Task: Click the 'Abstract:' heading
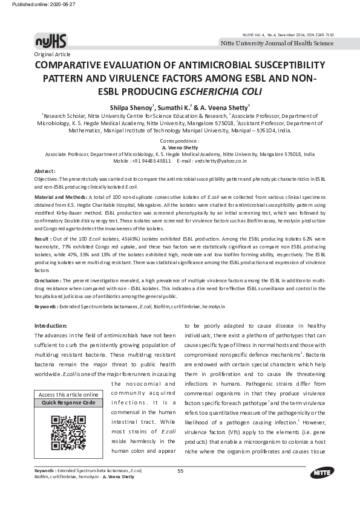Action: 44,172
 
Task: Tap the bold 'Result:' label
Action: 43,240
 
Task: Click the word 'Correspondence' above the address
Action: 180,140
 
